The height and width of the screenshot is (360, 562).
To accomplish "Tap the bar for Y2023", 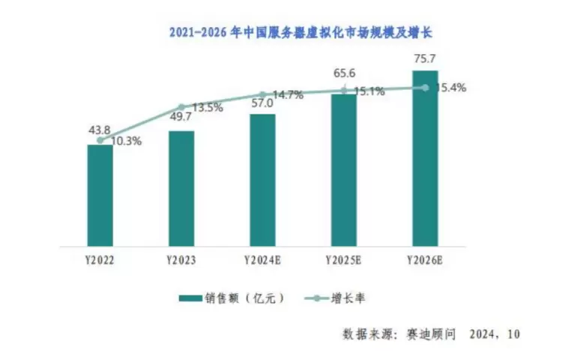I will pyautogui.click(x=181, y=188).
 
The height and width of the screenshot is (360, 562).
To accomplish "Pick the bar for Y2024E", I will pyautogui.click(x=262, y=180).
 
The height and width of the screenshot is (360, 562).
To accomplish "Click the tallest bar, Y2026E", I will pyautogui.click(x=425, y=158).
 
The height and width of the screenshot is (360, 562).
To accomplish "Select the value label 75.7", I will pyautogui.click(x=425, y=58).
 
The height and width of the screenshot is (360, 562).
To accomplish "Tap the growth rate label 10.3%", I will pyautogui.click(x=124, y=140).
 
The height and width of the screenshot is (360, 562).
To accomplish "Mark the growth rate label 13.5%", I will pyautogui.click(x=205, y=107).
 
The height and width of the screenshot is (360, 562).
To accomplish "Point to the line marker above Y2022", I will pyautogui.click(x=100, y=140).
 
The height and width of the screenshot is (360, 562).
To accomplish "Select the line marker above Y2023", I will pyautogui.click(x=181, y=107).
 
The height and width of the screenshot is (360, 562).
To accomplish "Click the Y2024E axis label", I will pyautogui.click(x=262, y=260).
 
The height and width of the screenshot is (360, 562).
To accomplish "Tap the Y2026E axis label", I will pyautogui.click(x=425, y=260).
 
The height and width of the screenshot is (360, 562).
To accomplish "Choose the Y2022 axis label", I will pyautogui.click(x=100, y=260).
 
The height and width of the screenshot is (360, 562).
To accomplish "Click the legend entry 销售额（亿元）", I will pyautogui.click(x=232, y=298).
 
